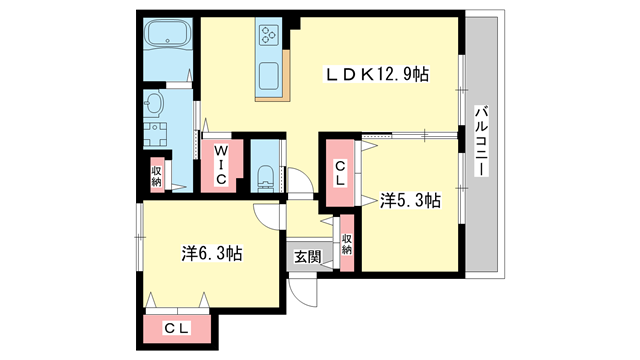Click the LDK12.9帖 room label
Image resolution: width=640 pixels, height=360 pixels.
pos(375,75)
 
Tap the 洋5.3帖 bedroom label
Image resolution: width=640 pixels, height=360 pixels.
pos(410,201)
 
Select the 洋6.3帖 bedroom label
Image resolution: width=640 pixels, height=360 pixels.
pos(211,254)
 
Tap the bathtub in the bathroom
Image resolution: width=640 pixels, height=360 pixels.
pos(168,37)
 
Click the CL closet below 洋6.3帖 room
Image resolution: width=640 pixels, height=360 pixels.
pos(178,327)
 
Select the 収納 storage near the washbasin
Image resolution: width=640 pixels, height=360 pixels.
pos(157,176)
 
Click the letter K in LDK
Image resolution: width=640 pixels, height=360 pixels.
pos(366,75)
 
